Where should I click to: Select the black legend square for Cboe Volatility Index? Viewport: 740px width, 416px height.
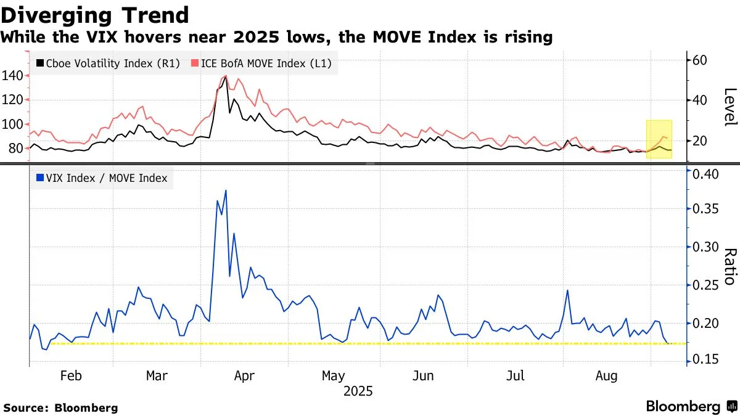(41, 63)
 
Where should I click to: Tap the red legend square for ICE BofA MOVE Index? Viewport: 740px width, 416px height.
(195, 63)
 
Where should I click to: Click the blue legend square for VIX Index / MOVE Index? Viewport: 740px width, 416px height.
(41, 179)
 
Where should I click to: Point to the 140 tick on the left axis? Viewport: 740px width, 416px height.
(13, 76)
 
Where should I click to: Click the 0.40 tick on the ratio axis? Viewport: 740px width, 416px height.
(707, 174)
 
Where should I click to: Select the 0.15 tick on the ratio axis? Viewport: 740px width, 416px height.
(707, 359)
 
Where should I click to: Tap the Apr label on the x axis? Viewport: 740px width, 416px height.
(245, 376)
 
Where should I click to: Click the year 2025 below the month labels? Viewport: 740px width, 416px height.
(358, 391)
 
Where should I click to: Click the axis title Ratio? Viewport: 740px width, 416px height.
(730, 266)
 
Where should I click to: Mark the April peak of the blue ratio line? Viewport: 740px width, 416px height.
(226, 190)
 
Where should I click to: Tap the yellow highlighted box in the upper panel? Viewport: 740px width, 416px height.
(659, 139)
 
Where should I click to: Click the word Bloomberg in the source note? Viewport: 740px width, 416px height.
(86, 407)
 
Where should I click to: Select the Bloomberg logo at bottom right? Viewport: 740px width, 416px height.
(691, 406)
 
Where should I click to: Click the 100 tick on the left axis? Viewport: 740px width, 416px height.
(13, 124)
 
